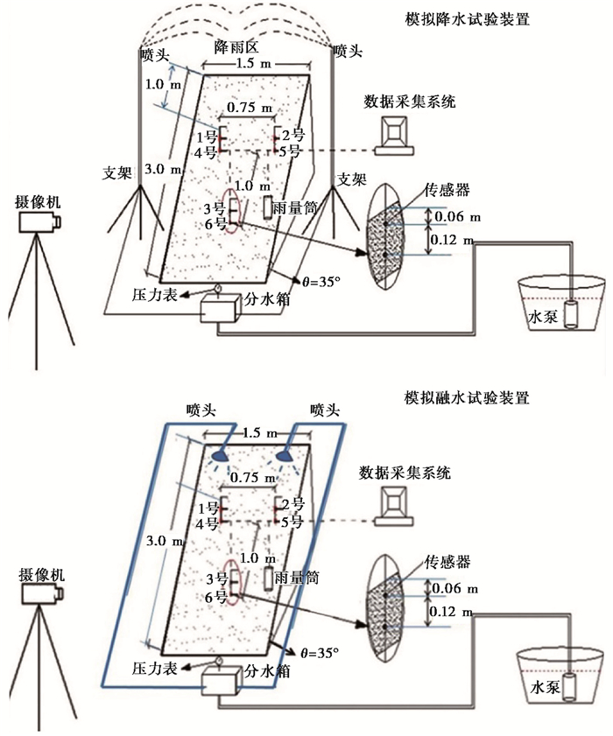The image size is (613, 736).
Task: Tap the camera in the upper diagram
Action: [39, 222]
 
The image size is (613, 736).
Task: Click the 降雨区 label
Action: [233, 45]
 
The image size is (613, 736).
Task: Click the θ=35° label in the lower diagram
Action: [317, 652]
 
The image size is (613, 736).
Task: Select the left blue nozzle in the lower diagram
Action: [219, 455]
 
